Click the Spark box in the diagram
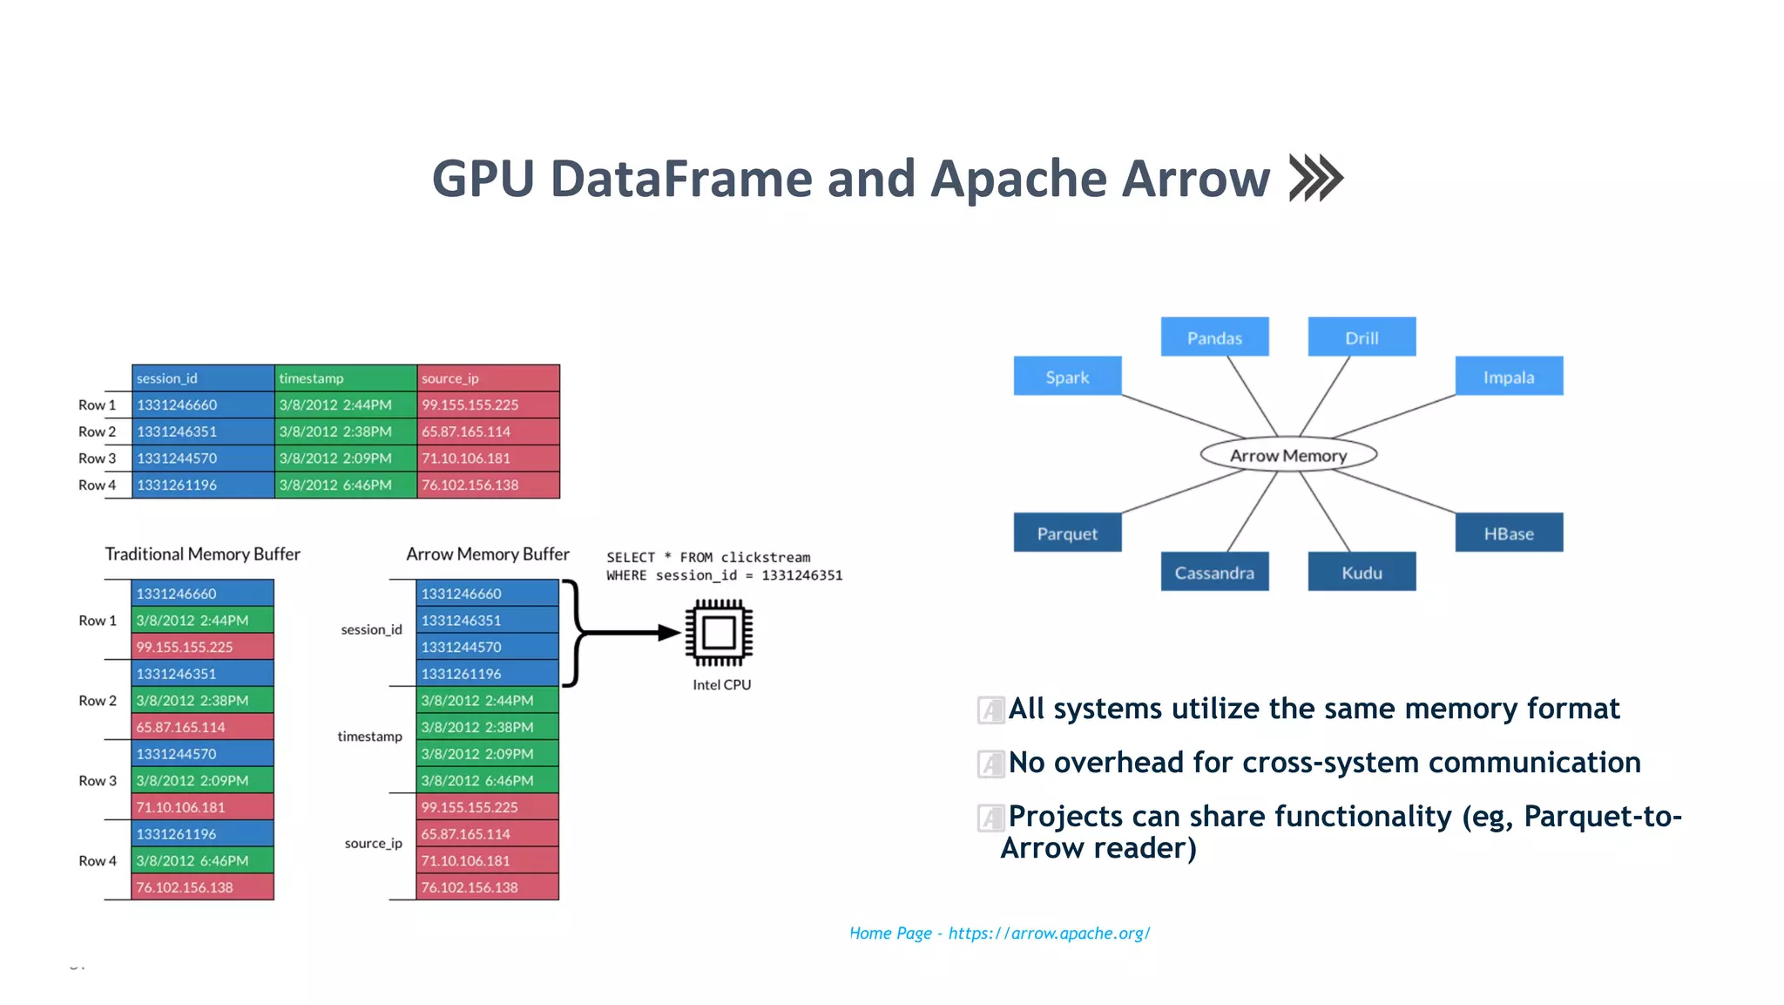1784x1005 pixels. [x=1067, y=377]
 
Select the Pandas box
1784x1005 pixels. [x=1214, y=337]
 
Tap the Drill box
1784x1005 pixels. [x=1362, y=337]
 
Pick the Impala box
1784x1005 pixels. [x=1509, y=377]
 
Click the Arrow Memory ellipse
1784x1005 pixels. [x=1288, y=455]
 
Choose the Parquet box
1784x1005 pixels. [x=1067, y=533]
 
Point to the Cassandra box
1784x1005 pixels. [x=1214, y=572]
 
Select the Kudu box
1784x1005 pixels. [x=1362, y=572]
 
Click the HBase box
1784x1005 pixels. [x=1509, y=533]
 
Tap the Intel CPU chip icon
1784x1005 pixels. [x=719, y=633]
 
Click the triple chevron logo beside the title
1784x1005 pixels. [x=1316, y=178]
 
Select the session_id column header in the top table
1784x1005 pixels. [x=203, y=378]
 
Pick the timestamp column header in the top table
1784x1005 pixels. [x=346, y=378]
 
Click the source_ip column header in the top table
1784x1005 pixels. [x=488, y=378]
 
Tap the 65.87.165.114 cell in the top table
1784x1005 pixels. [x=488, y=431]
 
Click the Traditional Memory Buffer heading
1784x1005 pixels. [x=202, y=554]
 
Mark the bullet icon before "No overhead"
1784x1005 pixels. [x=990, y=764]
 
